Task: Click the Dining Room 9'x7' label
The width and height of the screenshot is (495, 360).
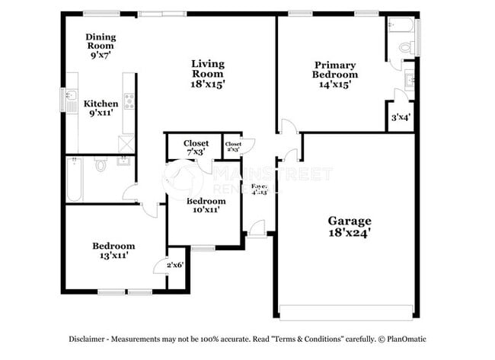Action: tap(101, 46)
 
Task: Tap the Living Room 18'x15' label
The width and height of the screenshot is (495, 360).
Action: tap(207, 75)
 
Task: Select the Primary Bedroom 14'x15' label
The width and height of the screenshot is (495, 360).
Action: tap(334, 70)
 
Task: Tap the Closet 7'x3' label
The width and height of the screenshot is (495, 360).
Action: tap(196, 148)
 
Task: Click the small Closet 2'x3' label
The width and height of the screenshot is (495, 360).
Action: tap(233, 146)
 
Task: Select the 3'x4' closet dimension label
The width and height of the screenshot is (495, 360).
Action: tap(401, 118)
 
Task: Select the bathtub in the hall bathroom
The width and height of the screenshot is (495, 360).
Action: tap(74, 180)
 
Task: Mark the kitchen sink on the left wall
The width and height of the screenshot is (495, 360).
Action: tap(70, 100)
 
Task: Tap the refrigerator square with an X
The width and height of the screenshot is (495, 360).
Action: tap(126, 144)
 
